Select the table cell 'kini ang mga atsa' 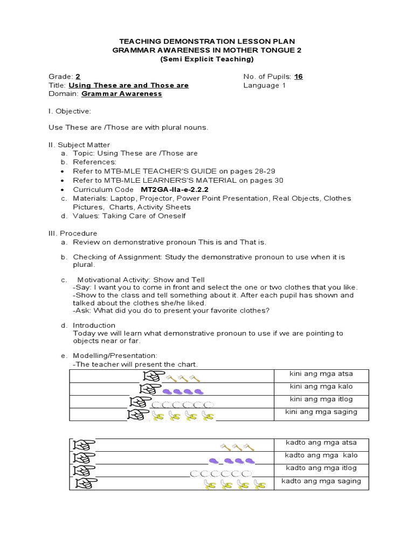[x=321, y=374]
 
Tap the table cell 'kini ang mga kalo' [x=321, y=387]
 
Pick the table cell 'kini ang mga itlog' [x=321, y=399]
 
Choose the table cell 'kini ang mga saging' [x=321, y=412]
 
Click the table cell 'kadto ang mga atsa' [x=321, y=443]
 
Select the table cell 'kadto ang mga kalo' [x=321, y=456]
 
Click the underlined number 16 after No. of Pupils [x=298, y=77]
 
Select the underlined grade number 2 [x=78, y=77]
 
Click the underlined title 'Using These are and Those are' [x=128, y=85]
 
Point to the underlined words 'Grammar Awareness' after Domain [x=121, y=94]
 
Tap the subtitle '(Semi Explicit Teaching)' [x=206, y=59]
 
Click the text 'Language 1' [x=261, y=85]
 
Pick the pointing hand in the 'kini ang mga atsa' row [x=151, y=376]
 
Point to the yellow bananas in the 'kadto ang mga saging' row [x=235, y=486]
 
